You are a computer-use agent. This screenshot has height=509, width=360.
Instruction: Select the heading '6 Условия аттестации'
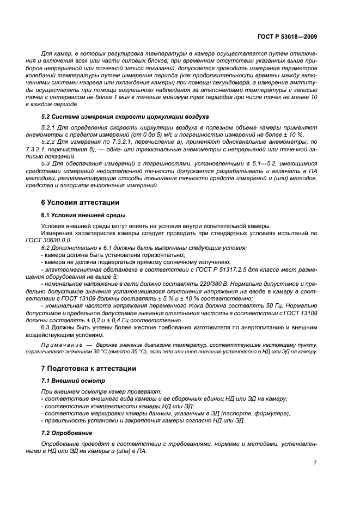[80, 202]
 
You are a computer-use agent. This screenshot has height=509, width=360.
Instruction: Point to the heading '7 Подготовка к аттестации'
[89, 368]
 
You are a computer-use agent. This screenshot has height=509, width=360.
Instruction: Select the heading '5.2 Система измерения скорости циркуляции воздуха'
[125, 116]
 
